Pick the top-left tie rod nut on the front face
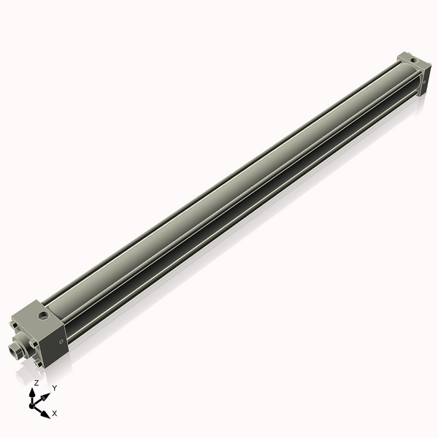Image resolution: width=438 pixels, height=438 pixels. [x=14, y=325]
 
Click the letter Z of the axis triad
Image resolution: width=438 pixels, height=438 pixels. [x=36, y=383]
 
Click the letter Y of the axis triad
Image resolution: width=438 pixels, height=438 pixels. [x=54, y=388]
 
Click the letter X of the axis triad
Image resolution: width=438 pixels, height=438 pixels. [x=55, y=413]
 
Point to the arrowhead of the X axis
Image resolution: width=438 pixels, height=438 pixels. [x=46, y=413]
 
